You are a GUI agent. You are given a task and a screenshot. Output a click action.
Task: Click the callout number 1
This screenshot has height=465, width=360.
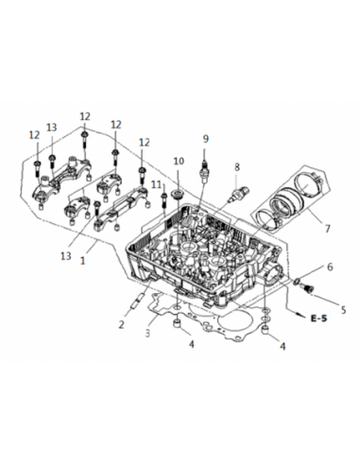[x=82, y=261]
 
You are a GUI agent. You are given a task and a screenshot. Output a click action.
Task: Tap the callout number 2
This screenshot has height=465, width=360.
[x=122, y=324]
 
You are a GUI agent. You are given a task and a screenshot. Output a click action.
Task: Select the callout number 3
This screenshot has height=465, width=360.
[x=147, y=333]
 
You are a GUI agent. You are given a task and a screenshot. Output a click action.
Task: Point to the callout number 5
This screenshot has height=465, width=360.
[x=343, y=310]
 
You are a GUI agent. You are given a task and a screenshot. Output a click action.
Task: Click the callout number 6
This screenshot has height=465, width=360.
[x=330, y=267]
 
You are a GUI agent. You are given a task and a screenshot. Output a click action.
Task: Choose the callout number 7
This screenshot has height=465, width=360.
[x=327, y=228]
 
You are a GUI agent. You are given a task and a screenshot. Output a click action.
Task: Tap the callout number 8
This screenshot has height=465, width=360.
[x=236, y=167]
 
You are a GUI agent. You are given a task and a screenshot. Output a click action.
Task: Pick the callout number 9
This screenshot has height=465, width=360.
[x=205, y=139]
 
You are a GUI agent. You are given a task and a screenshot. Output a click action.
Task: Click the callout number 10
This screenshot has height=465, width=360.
[x=179, y=161]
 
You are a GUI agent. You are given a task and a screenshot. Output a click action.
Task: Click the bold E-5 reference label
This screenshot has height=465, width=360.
[x=318, y=319]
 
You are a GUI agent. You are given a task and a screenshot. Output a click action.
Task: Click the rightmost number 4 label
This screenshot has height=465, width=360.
[x=283, y=346]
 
